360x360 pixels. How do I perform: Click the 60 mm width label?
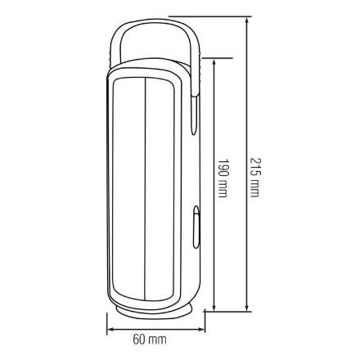tap(150, 340)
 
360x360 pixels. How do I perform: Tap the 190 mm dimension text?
tap(223, 178)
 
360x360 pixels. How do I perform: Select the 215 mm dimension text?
tap(255, 178)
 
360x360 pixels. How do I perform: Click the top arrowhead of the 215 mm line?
tap(247, 20)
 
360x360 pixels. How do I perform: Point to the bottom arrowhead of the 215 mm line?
tap(247, 308)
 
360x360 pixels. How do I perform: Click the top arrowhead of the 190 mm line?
tap(214, 62)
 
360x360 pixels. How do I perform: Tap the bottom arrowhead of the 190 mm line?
tap(214, 308)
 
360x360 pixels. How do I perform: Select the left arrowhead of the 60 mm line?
tap(110, 330)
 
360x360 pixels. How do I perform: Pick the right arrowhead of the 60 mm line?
tap(201, 330)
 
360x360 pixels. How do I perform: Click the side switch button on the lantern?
tap(196, 227)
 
